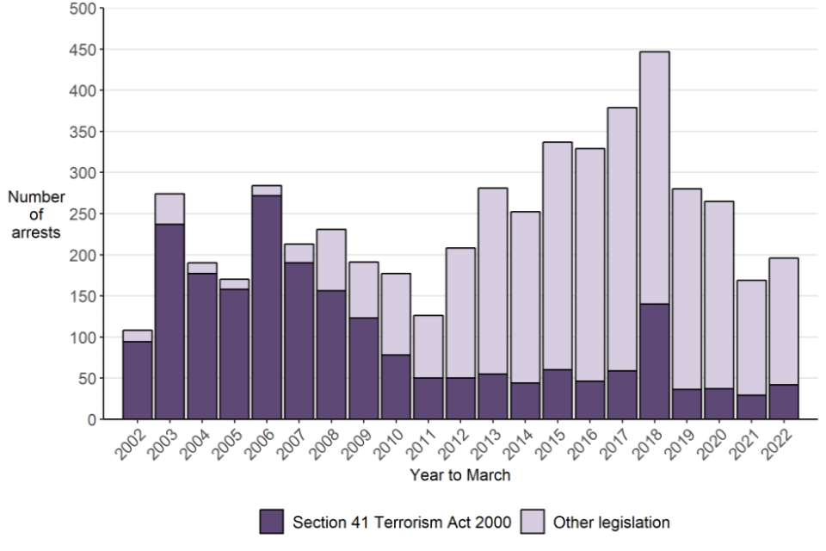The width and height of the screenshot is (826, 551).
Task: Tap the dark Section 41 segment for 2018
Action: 654,362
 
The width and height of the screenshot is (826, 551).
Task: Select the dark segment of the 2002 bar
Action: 137,381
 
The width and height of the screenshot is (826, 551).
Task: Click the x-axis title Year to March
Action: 459,474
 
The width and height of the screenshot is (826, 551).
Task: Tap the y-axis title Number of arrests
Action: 36,214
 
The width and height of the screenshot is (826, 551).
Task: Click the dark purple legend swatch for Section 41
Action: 272,522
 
